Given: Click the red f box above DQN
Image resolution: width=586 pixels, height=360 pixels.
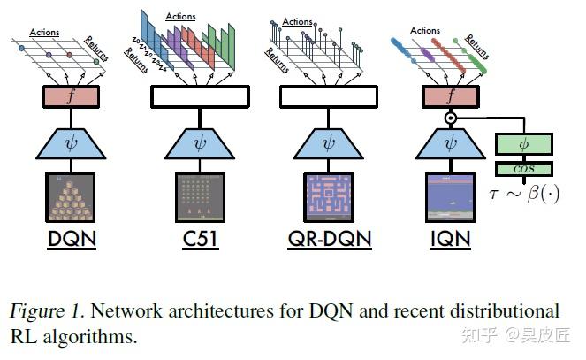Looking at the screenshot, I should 70,96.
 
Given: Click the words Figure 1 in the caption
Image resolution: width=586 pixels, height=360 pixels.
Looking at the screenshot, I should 43,311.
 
